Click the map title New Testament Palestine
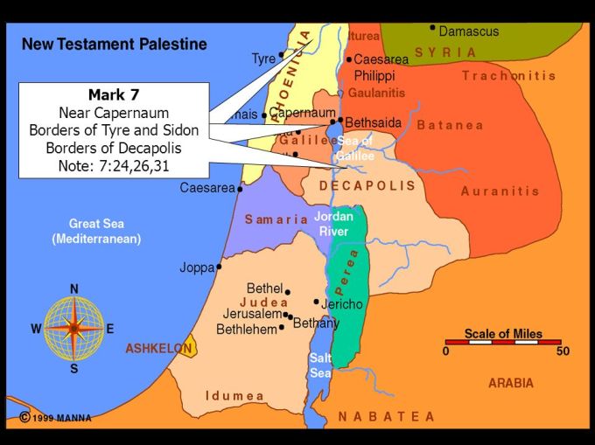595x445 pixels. pyautogui.click(x=115, y=44)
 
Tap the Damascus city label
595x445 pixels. pyautogui.click(x=468, y=31)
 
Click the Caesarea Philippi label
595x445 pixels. pyautogui.click(x=381, y=66)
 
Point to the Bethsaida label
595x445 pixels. pyautogui.click(x=374, y=123)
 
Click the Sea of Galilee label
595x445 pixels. pyautogui.click(x=354, y=148)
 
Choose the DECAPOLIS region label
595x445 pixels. pyautogui.click(x=367, y=186)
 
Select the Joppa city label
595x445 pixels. pyautogui.click(x=197, y=268)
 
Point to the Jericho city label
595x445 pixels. pyautogui.click(x=341, y=304)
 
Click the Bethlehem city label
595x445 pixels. pyautogui.click(x=247, y=330)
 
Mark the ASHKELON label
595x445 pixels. pyautogui.click(x=158, y=348)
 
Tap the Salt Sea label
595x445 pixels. pyautogui.click(x=320, y=365)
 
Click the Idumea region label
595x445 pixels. pyautogui.click(x=234, y=396)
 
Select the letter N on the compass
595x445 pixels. pyautogui.click(x=74, y=289)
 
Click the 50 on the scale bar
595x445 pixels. pyautogui.click(x=563, y=351)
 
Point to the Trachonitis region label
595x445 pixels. pyautogui.click(x=508, y=76)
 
